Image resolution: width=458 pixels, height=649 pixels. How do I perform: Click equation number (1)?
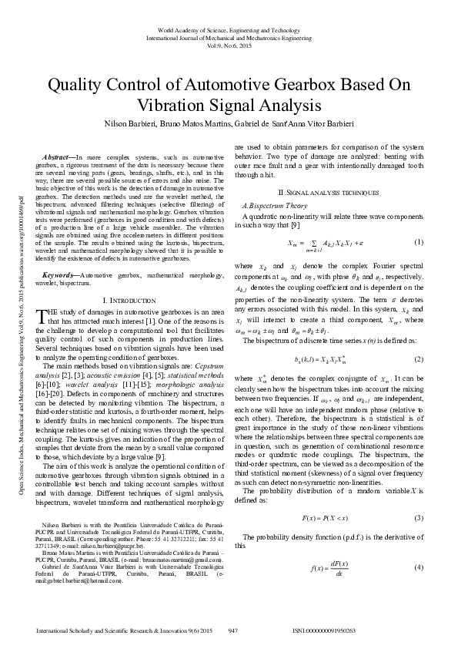[418, 243]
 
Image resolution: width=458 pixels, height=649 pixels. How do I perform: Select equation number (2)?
[418, 337]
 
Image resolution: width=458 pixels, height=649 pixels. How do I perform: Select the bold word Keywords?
[58, 274]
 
